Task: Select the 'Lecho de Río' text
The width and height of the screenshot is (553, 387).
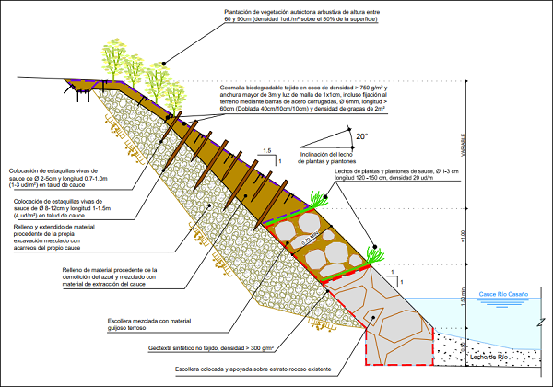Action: click(x=488, y=355)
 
